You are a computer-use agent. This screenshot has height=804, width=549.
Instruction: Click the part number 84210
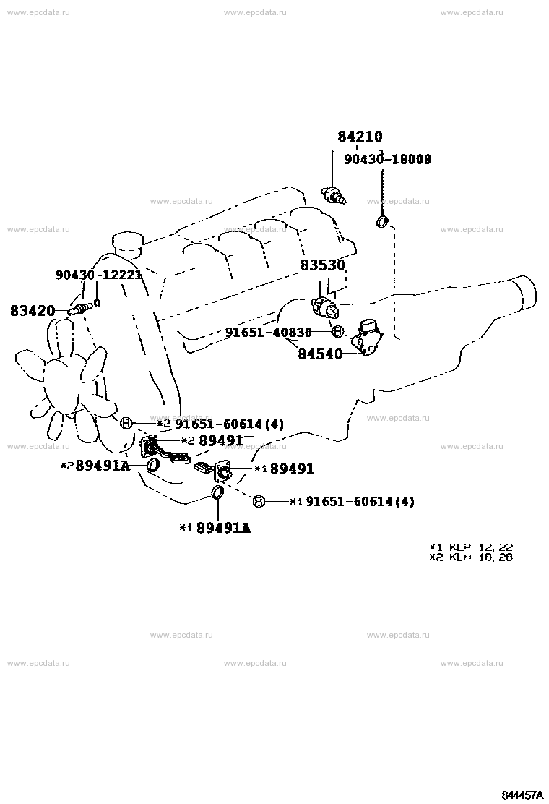click(360, 137)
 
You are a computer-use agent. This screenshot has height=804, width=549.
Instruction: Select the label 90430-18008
click(387, 159)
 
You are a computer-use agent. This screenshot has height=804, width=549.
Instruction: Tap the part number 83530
click(323, 265)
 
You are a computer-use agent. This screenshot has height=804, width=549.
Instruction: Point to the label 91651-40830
click(268, 332)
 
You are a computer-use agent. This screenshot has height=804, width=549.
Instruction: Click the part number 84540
click(320, 354)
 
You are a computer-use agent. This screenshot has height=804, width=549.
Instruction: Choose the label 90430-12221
click(99, 275)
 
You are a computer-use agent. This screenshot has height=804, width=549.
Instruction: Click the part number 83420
click(33, 311)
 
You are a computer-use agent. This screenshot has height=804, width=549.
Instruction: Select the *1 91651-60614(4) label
click(352, 501)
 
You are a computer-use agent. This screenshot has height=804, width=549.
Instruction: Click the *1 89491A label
click(215, 528)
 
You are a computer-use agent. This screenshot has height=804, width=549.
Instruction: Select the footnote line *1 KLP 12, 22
click(471, 547)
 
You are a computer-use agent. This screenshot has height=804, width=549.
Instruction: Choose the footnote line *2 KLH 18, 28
click(471, 557)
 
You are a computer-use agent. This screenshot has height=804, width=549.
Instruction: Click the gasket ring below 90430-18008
click(382, 221)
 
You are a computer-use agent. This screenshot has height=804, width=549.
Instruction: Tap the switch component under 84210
click(334, 195)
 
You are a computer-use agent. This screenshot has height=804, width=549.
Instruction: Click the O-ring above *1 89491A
click(217, 493)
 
